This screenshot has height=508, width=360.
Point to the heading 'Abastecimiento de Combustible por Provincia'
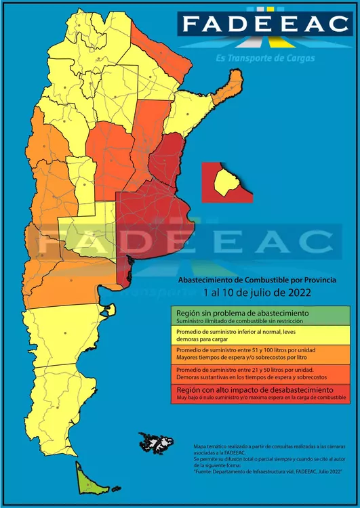(257, 280)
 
